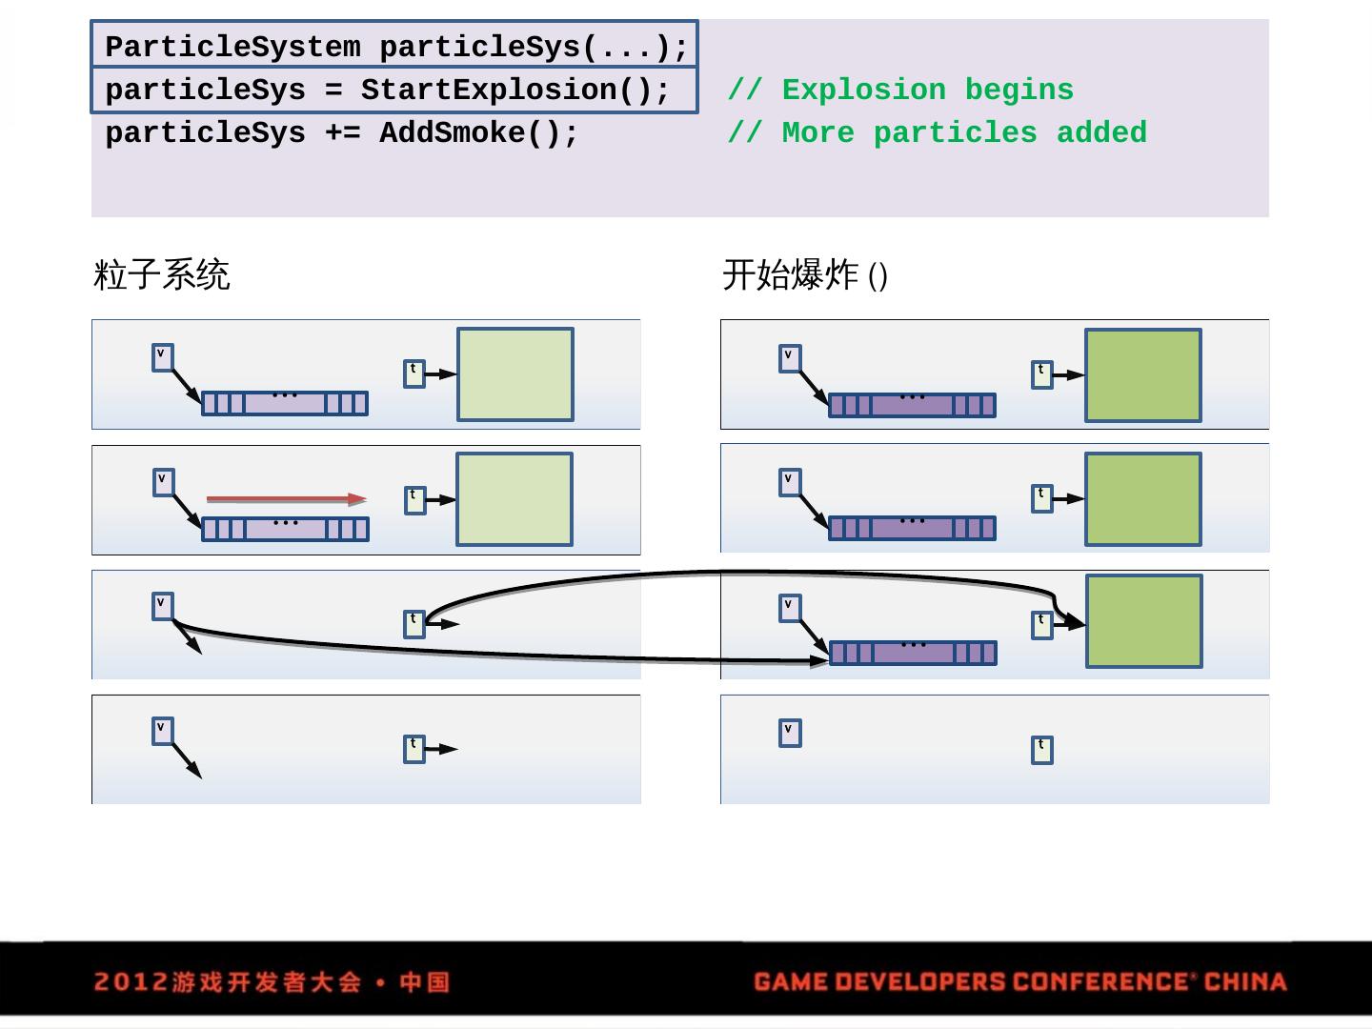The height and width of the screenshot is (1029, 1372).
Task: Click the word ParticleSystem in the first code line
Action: [x=232, y=47]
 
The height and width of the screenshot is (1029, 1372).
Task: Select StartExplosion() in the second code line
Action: [x=515, y=91]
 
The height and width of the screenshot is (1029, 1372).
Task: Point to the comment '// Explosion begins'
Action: [x=900, y=91]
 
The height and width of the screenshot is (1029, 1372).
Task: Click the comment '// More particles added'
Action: [x=937, y=133]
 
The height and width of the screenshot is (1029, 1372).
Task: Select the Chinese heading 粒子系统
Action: [x=162, y=275]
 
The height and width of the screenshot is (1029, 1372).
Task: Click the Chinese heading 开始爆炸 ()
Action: [x=805, y=275]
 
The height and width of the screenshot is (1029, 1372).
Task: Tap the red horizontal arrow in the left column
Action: [x=286, y=498]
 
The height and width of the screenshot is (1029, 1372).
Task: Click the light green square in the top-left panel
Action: [x=515, y=374]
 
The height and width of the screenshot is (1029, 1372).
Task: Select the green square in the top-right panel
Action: [x=1143, y=375]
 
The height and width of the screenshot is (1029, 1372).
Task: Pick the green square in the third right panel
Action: [x=1143, y=621]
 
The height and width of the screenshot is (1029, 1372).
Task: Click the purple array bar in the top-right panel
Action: [x=912, y=405]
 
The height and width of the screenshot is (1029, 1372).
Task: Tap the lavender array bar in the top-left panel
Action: [x=285, y=403]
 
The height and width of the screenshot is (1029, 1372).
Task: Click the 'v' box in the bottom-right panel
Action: [x=790, y=733]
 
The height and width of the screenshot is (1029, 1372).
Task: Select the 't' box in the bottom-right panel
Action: [x=1042, y=750]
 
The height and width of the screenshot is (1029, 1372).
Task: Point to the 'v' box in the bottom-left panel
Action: [x=163, y=731]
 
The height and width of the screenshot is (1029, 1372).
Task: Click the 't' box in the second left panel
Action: [x=414, y=499]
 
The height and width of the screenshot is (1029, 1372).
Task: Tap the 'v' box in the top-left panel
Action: [x=163, y=357]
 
